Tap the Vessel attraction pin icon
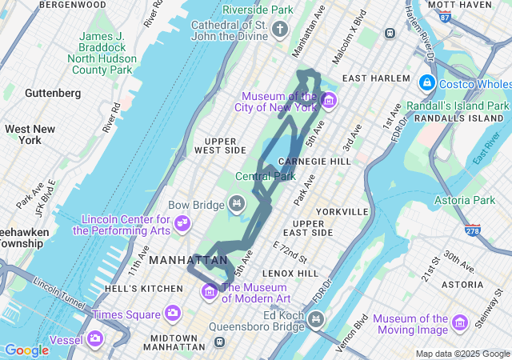point(95,339)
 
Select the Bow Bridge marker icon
point(236,205)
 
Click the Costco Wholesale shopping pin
point(426,83)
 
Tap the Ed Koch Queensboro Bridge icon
point(317,320)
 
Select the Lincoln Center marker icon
point(183,222)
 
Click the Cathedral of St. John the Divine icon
point(279,30)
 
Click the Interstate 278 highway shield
point(474,231)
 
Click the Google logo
point(26,350)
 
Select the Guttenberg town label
point(53,93)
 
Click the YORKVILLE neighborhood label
point(342,212)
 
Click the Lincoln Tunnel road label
point(59,290)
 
